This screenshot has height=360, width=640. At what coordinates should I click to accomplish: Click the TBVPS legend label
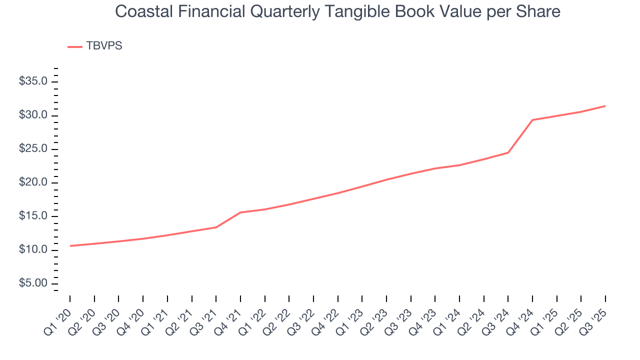(104, 46)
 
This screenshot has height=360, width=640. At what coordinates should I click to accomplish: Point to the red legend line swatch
(74, 46)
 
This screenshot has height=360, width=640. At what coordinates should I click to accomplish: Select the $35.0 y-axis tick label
(33, 81)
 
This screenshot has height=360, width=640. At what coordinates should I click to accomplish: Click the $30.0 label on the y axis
(33, 115)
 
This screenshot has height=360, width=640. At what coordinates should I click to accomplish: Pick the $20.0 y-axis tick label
(33, 182)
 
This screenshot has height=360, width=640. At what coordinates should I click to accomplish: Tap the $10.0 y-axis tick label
(33, 250)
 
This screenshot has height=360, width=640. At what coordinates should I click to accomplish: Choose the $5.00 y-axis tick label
(33, 283)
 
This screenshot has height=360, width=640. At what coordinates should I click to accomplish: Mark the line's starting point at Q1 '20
(70, 245)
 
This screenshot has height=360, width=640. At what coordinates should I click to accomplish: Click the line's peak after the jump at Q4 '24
(532, 120)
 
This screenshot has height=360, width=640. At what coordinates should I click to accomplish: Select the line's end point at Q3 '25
(605, 106)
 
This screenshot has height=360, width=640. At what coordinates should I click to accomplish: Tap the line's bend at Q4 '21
(240, 212)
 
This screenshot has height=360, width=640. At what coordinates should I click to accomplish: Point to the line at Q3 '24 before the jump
(508, 152)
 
